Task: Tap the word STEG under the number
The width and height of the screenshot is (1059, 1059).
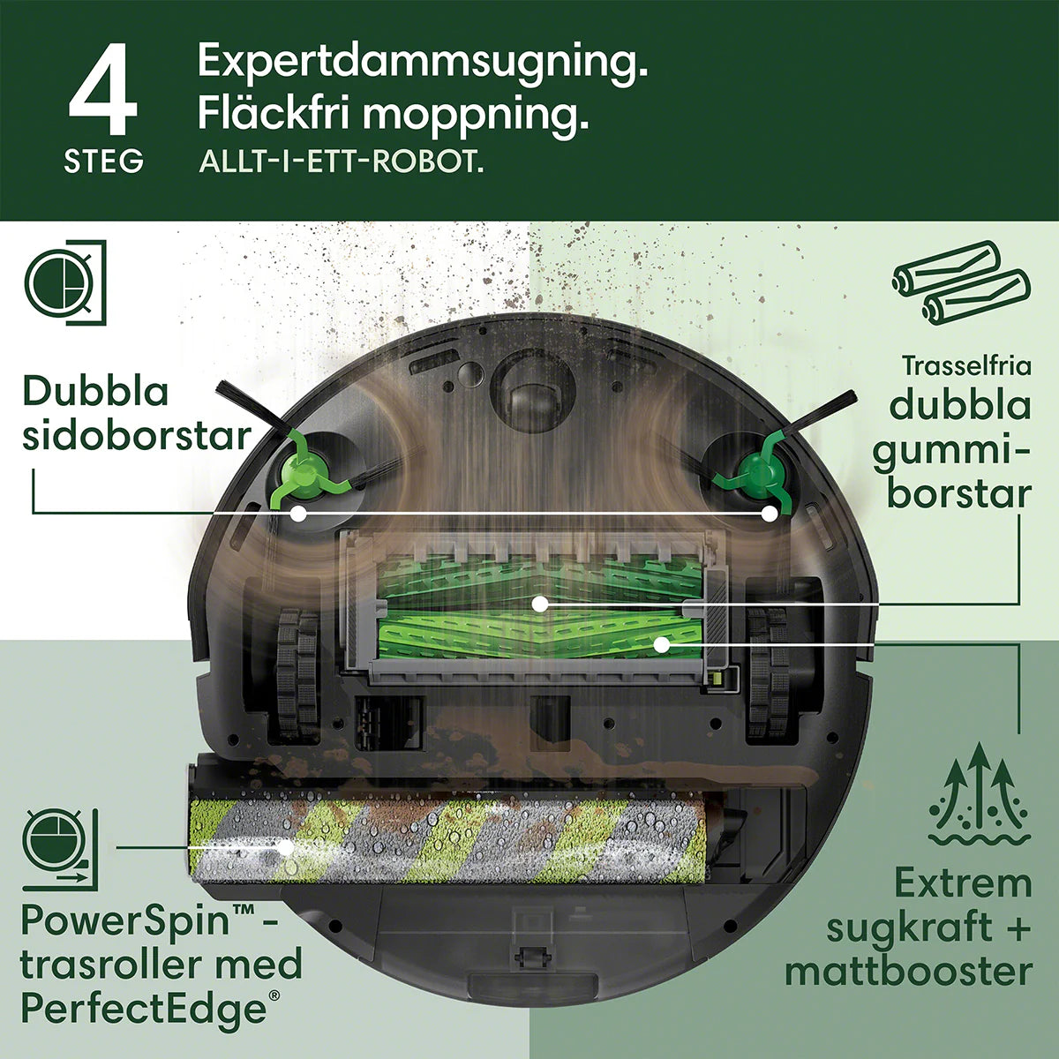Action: point(103,161)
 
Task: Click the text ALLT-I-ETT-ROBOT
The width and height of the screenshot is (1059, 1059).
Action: point(342,163)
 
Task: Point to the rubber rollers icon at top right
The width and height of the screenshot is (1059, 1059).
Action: point(960,282)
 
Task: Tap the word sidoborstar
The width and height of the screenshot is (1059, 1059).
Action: point(136,436)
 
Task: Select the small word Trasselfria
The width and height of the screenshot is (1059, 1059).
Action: point(966,365)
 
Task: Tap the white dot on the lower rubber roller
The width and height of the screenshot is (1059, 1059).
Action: point(660,644)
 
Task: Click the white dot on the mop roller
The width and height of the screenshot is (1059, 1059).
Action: point(285,847)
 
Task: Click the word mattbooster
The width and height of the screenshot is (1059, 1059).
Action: point(908,972)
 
